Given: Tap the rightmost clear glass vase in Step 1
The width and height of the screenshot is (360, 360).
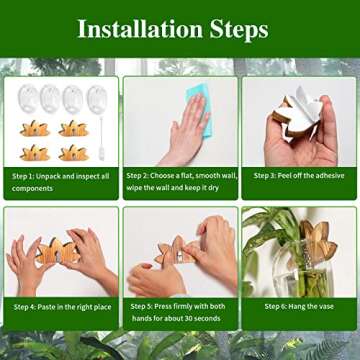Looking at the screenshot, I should [96, 99].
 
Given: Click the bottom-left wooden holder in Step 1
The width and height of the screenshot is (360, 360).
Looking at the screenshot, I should [34, 152].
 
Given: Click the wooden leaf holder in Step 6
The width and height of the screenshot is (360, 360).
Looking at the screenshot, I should [318, 240].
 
